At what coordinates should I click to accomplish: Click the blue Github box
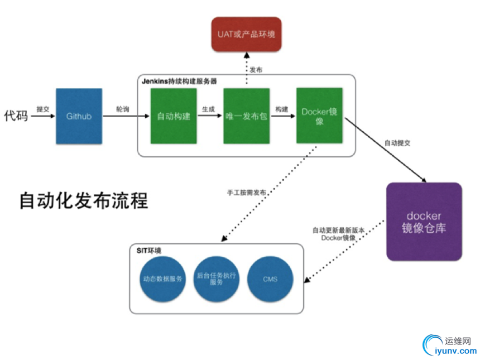[x=79, y=117]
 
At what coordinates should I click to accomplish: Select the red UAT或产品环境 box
[x=246, y=33]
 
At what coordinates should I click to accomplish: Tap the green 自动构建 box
[x=174, y=116]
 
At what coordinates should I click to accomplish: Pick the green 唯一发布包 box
[x=246, y=116]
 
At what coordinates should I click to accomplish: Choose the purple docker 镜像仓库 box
[x=424, y=222]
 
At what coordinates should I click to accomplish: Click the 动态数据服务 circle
[x=162, y=279]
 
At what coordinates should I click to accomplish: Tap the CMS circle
[x=270, y=279]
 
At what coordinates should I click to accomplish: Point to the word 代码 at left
[x=16, y=116]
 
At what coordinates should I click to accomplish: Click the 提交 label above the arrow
[x=43, y=109]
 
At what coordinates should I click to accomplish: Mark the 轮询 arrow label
[x=122, y=109]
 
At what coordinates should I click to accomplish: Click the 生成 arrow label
[x=208, y=109]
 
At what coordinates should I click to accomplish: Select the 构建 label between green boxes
[x=281, y=109]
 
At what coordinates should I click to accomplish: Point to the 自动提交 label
[x=397, y=143]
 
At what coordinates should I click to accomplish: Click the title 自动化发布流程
[x=84, y=200]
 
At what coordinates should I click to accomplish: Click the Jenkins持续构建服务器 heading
[x=179, y=81]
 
